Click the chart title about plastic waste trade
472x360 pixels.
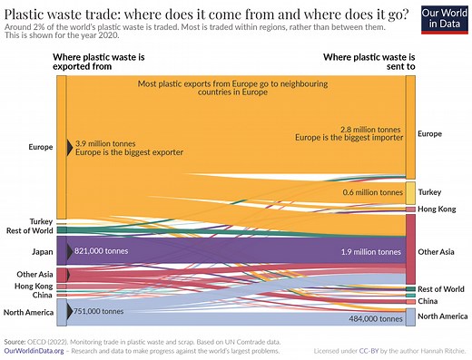pyautogui.click(x=206, y=13)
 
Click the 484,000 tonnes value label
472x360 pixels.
pyautogui.click(x=375, y=319)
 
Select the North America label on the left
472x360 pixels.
pyautogui.click(x=28, y=313)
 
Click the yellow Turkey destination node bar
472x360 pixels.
pyautogui.click(x=410, y=192)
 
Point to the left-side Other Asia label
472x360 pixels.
pyautogui.click(x=34, y=274)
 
